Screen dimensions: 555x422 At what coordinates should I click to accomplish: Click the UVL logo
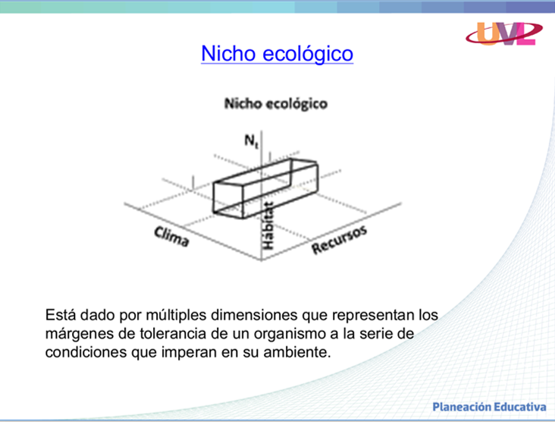pos(503,33)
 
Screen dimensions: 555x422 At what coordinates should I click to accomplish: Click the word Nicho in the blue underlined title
pos(228,53)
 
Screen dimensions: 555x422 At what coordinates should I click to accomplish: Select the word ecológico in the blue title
pos(308,54)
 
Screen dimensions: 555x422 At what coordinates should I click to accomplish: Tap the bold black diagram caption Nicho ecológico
pos(276,104)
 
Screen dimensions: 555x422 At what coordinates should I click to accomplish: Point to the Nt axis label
pos(252,141)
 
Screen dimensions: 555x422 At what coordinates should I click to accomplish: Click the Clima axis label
pos(171,236)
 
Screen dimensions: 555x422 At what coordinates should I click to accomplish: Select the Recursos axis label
pos(339,239)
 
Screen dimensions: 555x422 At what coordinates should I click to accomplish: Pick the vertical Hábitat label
pos(268,225)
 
